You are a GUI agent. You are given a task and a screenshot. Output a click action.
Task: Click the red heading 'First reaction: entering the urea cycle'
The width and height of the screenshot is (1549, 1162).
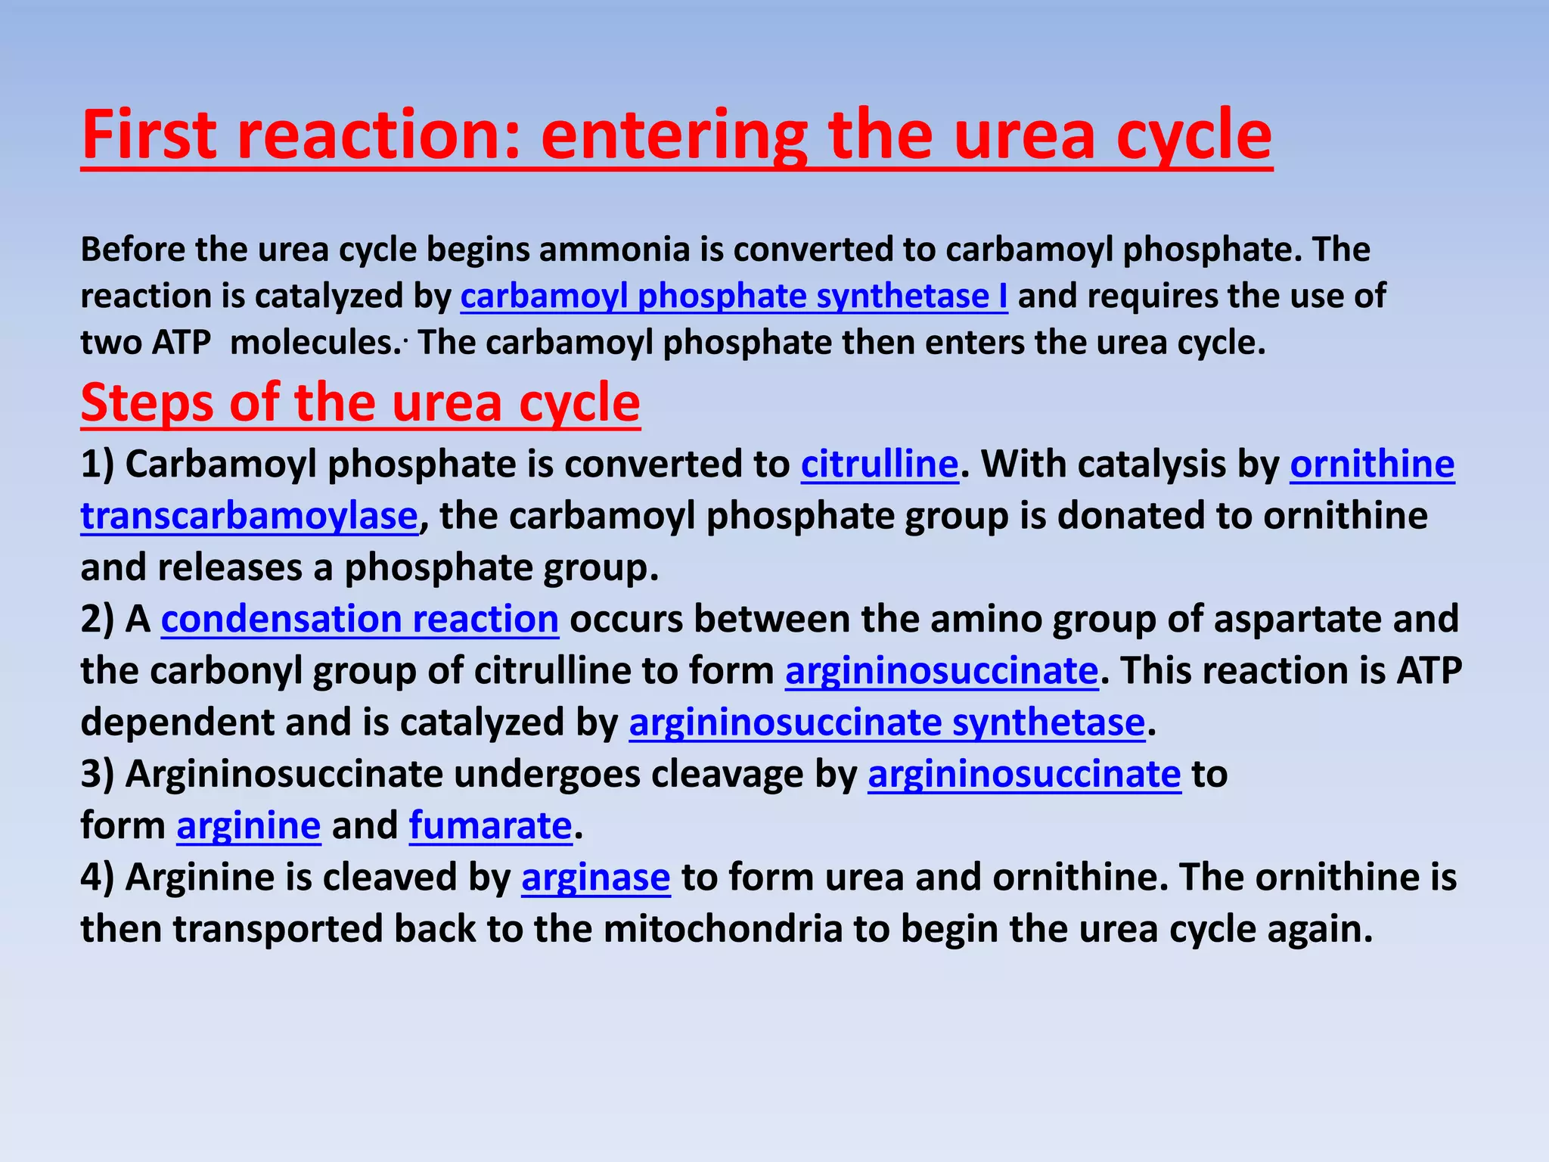point(676,136)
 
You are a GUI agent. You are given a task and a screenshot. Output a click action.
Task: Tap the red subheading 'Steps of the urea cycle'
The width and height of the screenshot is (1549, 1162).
point(360,402)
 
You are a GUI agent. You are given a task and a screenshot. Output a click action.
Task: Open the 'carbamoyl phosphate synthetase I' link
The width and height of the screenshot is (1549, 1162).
point(734,297)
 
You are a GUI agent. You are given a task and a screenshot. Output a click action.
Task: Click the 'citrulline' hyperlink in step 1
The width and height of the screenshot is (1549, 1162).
point(880,464)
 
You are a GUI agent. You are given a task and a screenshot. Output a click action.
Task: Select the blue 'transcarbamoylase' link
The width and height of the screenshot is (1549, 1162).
point(250,517)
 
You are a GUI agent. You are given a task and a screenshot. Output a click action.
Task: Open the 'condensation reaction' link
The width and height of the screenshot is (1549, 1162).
point(360,620)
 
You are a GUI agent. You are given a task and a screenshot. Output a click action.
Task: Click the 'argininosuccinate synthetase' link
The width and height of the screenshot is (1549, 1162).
point(887,723)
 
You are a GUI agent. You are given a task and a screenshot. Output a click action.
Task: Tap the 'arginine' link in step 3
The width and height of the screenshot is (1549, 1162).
point(249,826)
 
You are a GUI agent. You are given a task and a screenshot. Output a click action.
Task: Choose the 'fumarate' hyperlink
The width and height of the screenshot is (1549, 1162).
point(490,826)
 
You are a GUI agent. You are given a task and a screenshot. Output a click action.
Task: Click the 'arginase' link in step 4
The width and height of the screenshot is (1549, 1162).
point(595,878)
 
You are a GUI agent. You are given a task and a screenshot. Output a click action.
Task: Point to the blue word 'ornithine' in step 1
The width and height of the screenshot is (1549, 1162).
point(1372,464)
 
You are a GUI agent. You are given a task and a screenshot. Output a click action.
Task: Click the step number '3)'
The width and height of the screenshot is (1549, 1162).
point(98,775)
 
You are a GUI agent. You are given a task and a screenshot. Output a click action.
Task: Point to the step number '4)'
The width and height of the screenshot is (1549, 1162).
point(98,878)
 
